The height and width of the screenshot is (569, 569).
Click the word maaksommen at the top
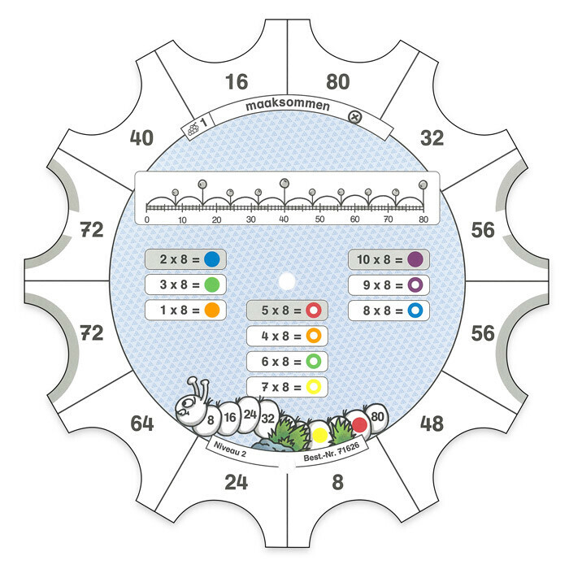click(x=288, y=105)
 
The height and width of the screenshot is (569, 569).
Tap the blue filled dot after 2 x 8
click(x=212, y=259)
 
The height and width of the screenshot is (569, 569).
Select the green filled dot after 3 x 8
click(x=212, y=284)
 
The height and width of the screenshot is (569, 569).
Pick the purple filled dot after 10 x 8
click(x=415, y=259)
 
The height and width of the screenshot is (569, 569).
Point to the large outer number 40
click(x=141, y=138)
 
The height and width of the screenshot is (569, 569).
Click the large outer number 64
click(x=142, y=423)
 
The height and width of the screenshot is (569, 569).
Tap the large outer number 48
click(x=432, y=423)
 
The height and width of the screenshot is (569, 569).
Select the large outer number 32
click(x=432, y=138)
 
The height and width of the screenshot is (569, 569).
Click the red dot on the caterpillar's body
click(x=359, y=424)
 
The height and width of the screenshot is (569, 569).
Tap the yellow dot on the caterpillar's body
click(x=320, y=435)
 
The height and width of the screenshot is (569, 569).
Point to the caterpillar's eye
click(x=187, y=402)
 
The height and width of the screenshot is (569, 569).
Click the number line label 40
click(x=284, y=219)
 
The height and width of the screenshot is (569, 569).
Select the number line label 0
click(x=147, y=219)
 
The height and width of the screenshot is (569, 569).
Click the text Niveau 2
click(x=230, y=450)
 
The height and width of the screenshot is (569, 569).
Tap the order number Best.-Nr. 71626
click(x=332, y=452)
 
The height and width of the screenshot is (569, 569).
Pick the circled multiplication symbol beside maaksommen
click(x=355, y=117)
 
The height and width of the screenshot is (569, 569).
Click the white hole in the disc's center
click(x=287, y=281)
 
